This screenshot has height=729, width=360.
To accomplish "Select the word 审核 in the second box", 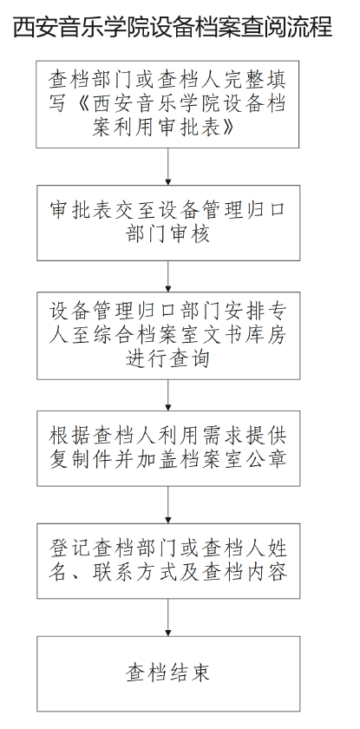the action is pyautogui.click(x=189, y=233).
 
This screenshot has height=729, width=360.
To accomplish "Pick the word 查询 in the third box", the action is pyautogui.click(x=189, y=358).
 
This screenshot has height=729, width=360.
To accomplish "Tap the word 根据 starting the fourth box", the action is pyautogui.click(x=70, y=435).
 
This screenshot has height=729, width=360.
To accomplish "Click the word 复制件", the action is pyautogui.click(x=81, y=459).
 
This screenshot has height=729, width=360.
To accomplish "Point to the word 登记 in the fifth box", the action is pyautogui.click(x=70, y=548).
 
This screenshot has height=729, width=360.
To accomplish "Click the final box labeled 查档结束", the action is pyautogui.click(x=168, y=673).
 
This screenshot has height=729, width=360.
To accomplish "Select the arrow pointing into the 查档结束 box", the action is pyautogui.click(x=168, y=617).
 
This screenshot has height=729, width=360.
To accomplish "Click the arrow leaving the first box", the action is pyautogui.click(x=168, y=167).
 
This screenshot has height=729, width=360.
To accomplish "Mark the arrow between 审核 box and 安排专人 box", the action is pyautogui.click(x=168, y=276).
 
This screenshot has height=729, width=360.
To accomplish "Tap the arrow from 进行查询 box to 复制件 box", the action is pyautogui.click(x=168, y=395).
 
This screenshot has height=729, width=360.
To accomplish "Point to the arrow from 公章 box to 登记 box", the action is pyautogui.click(x=168, y=505).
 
